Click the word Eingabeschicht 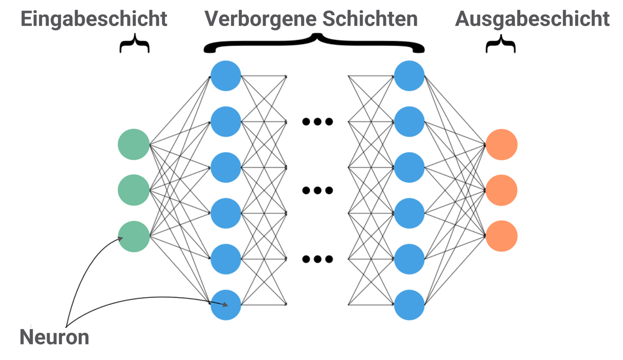pos(94,19)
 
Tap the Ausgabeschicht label pos(532,19)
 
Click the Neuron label pos(54,337)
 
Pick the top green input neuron pos(134,144)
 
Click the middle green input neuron pos(134,190)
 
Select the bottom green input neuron pos(134,236)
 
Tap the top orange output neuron pos(501,144)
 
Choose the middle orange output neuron pos(501,190)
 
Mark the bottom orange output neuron pos(501,236)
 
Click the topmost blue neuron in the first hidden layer pos(226,76)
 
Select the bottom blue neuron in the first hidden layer pos(226,305)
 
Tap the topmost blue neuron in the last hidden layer pos(409,76)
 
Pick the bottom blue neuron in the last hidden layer pos(409,305)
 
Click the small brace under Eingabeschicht pos(135,44)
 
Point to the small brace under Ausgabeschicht pos(501,44)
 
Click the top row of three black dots pos(318,122)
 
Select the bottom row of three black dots pos(318,259)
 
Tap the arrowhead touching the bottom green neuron pos(121,238)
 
